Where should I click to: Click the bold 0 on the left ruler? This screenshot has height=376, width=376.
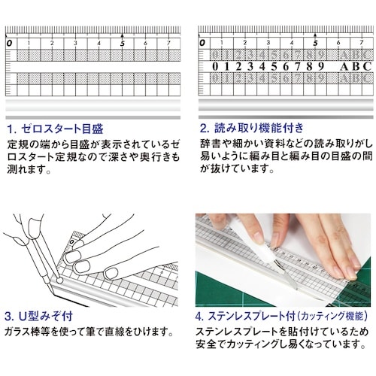point(9,44)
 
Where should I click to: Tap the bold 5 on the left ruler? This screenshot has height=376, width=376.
point(122,44)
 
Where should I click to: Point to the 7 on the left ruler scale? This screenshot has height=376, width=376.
point(168,44)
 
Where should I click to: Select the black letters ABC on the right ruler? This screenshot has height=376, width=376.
point(355,66)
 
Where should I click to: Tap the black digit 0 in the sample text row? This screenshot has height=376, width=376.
point(217,66)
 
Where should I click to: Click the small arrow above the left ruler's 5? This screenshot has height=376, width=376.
point(122,35)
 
